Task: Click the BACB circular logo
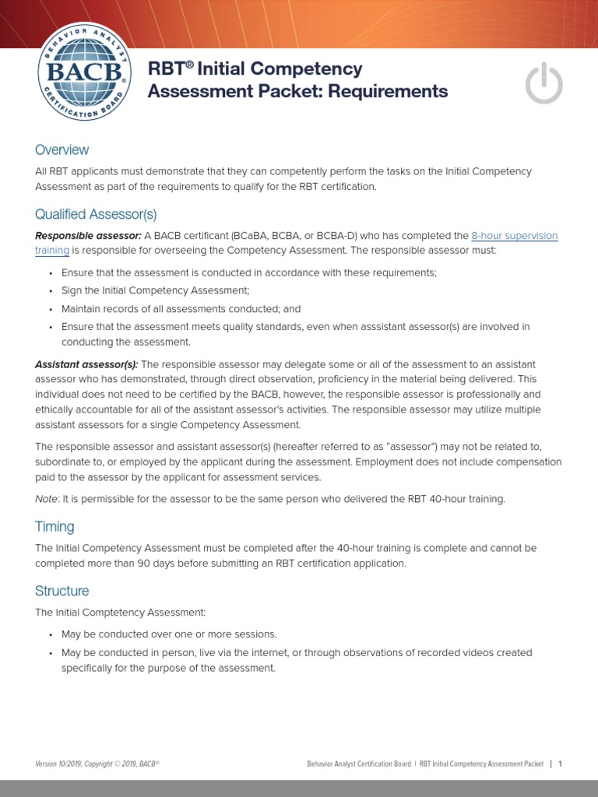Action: [x=82, y=72]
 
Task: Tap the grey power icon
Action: [x=543, y=83]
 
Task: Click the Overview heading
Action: [x=62, y=149]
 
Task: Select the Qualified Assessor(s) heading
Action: [x=96, y=214]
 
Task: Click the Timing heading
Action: [x=55, y=526]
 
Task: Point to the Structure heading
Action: [x=62, y=591]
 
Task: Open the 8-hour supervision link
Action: [x=514, y=236]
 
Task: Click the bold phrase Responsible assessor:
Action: [x=88, y=236]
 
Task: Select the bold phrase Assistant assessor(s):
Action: [x=86, y=364]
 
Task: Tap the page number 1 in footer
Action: [x=559, y=764]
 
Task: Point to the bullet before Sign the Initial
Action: [x=50, y=291]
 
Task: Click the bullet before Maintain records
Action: [x=50, y=310]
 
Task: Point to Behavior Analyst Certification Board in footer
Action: [x=359, y=764]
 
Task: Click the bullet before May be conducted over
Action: [x=50, y=634]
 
